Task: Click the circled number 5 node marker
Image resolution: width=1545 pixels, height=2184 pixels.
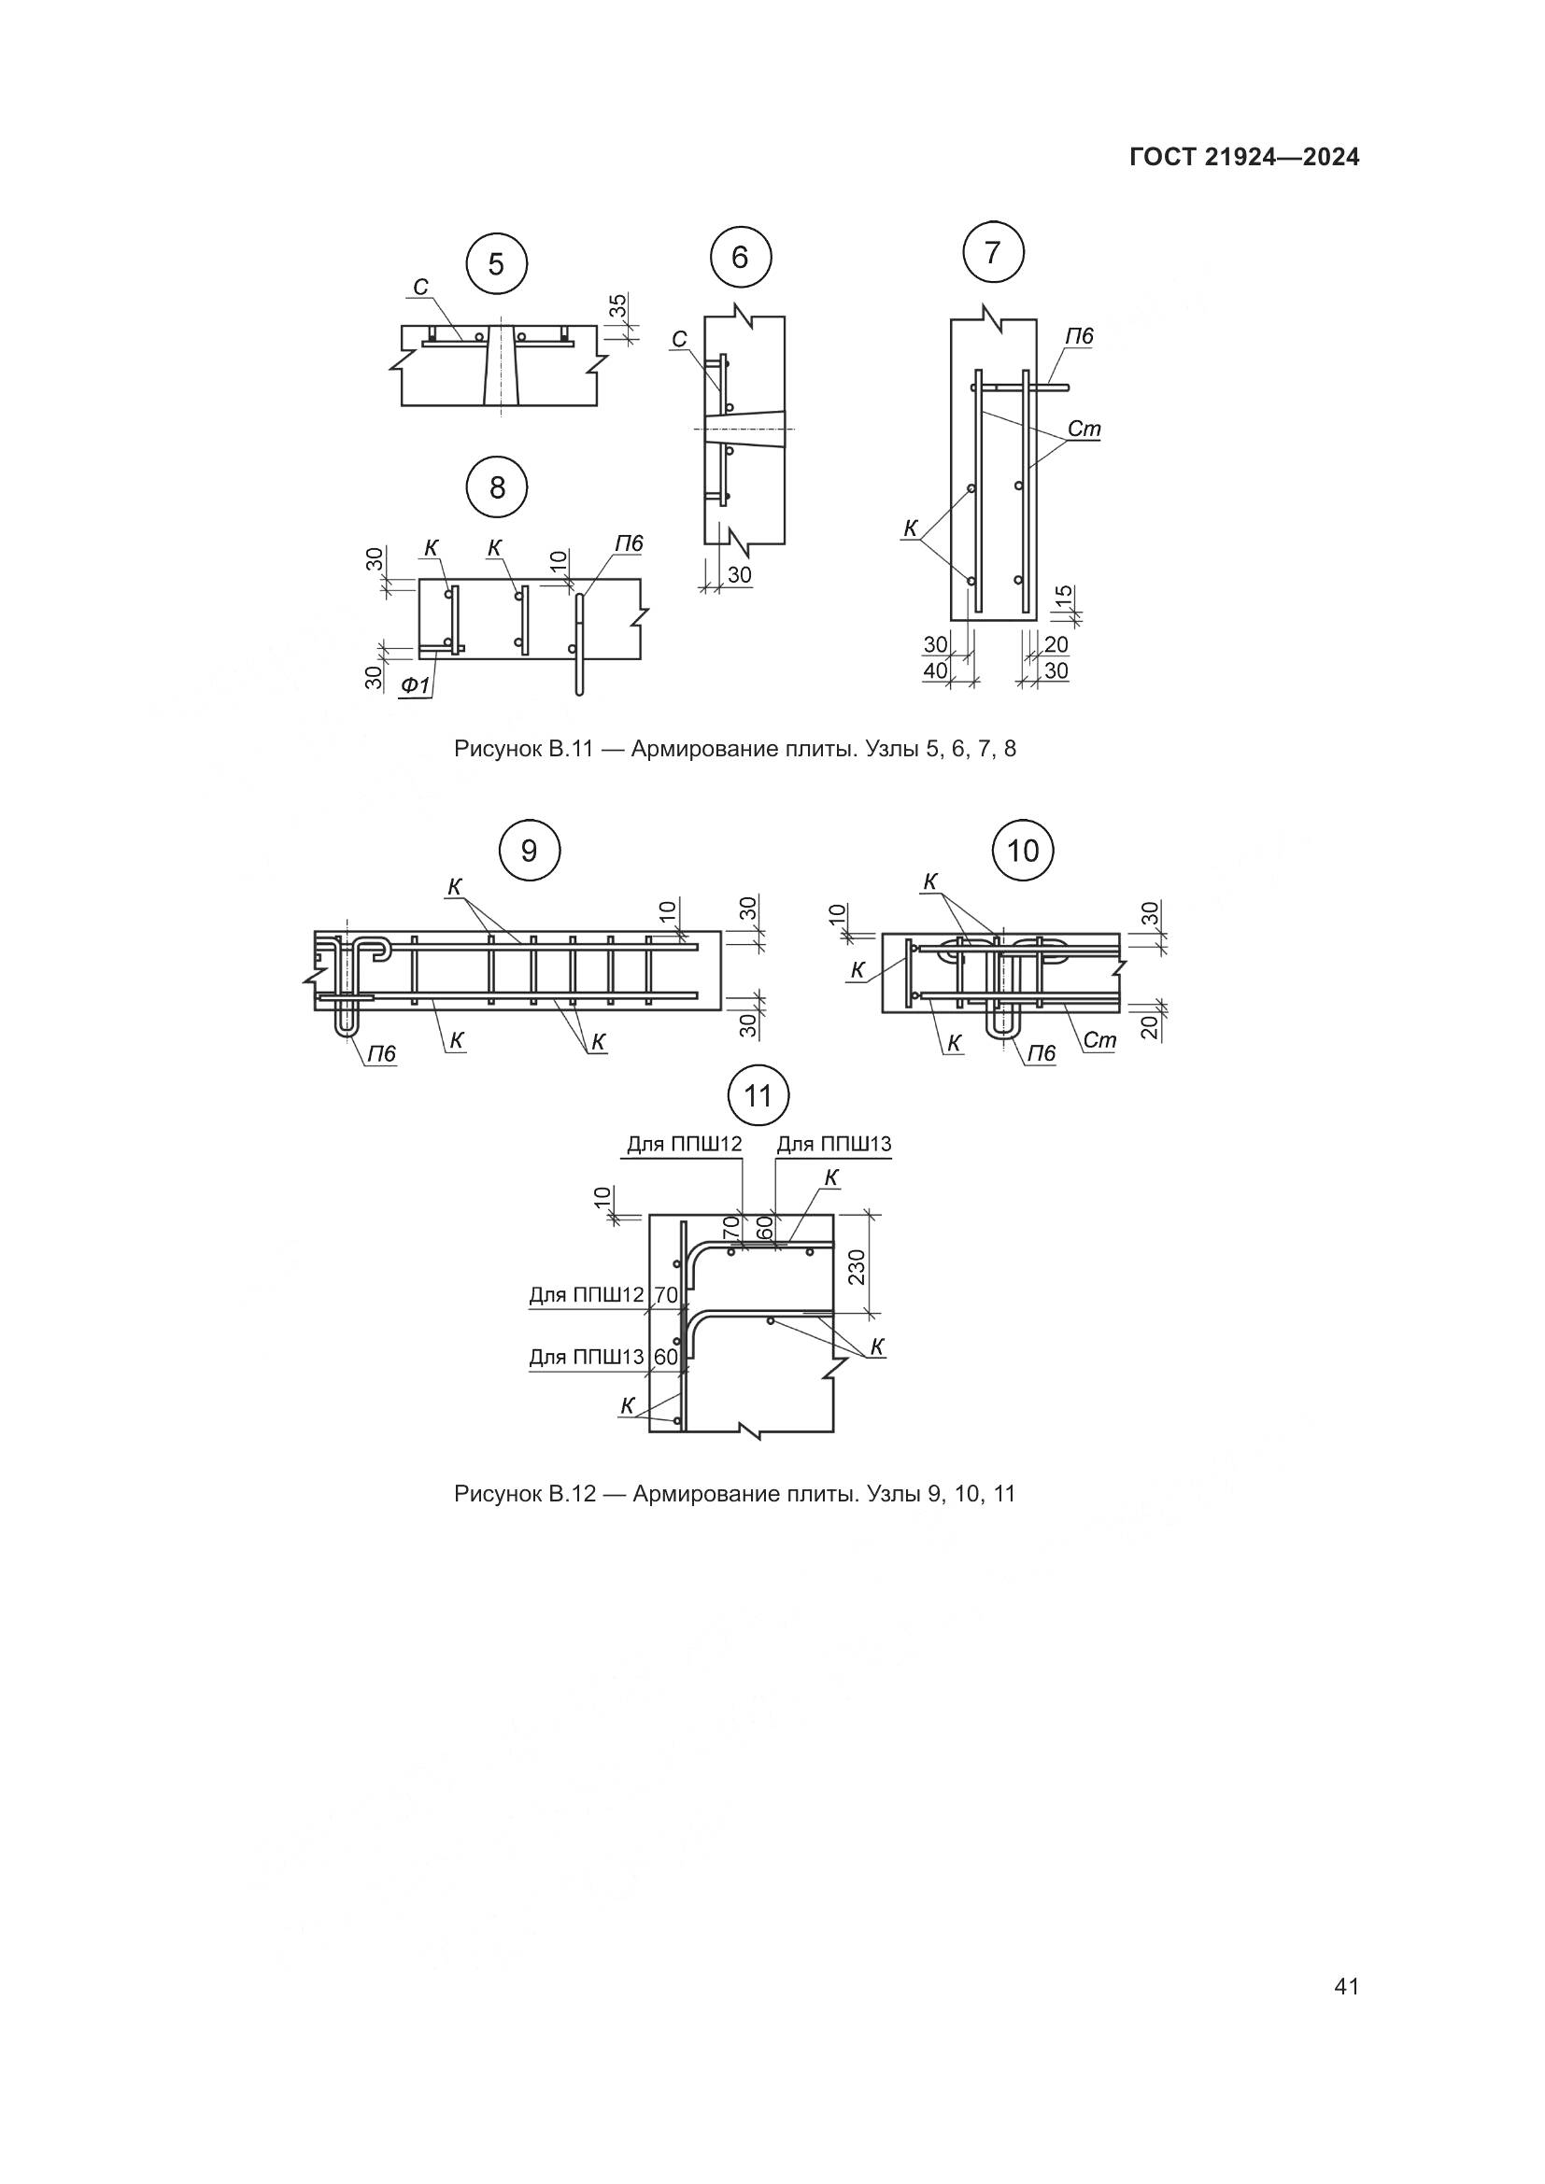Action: (497, 263)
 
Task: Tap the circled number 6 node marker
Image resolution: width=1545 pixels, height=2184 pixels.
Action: (741, 257)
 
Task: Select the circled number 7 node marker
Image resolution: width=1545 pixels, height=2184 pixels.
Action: (993, 253)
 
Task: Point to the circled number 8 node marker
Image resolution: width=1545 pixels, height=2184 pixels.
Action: (497, 488)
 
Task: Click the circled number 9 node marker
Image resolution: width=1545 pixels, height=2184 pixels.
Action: (529, 850)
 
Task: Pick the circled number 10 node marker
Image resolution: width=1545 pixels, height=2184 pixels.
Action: (1023, 850)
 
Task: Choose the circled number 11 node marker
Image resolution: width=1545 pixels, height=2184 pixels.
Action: (758, 1097)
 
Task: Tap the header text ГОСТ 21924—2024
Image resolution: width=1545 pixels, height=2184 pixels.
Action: (1244, 158)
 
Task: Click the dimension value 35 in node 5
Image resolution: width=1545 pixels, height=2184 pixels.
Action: (618, 306)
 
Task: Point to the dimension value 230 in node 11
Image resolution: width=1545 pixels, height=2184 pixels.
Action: (857, 1266)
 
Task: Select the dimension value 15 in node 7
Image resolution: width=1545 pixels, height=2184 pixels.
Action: (1065, 597)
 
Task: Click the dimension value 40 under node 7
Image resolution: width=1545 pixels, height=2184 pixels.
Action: (936, 670)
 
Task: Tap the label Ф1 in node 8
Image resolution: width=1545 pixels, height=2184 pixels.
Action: (415, 683)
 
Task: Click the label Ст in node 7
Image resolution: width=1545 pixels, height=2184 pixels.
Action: (1084, 429)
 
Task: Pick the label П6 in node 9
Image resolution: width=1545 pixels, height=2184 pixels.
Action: (381, 1054)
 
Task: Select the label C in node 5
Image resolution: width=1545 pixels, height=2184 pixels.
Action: (419, 288)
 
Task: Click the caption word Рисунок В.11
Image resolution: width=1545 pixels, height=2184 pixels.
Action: (524, 749)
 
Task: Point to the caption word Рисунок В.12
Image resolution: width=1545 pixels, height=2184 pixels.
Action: (524, 1493)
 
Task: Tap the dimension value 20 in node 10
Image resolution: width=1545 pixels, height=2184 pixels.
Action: (1148, 1026)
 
